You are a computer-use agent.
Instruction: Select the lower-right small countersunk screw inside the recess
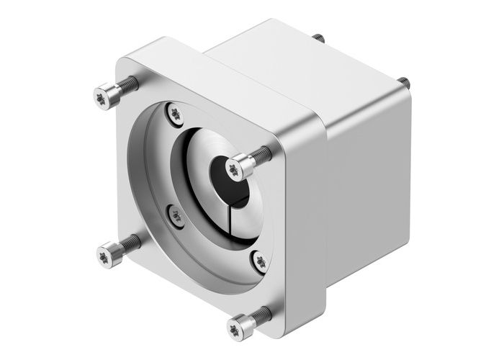259,261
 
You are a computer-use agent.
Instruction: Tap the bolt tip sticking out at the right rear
405,83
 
